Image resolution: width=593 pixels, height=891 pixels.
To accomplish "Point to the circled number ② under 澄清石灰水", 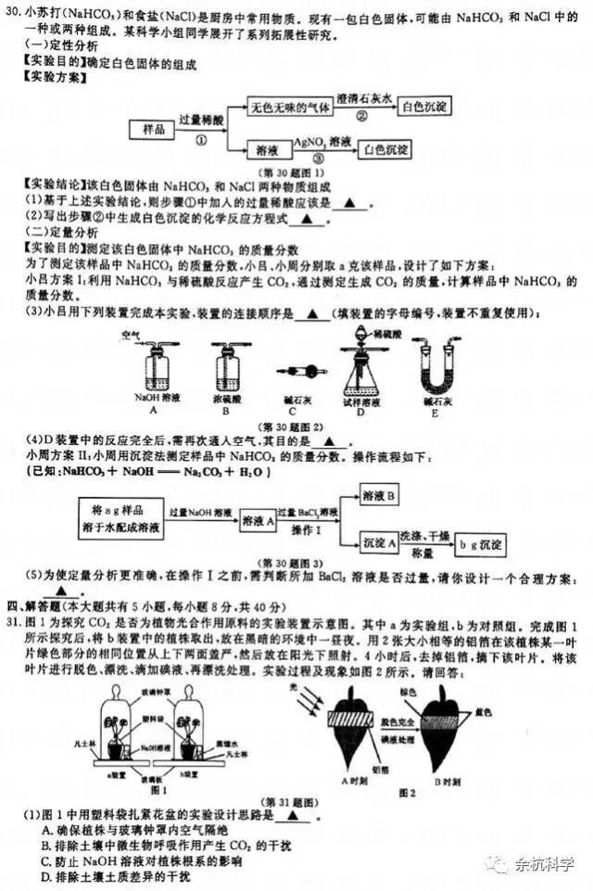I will pos(362,116).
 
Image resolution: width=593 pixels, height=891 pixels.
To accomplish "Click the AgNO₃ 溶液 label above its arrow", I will pos(322,142).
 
